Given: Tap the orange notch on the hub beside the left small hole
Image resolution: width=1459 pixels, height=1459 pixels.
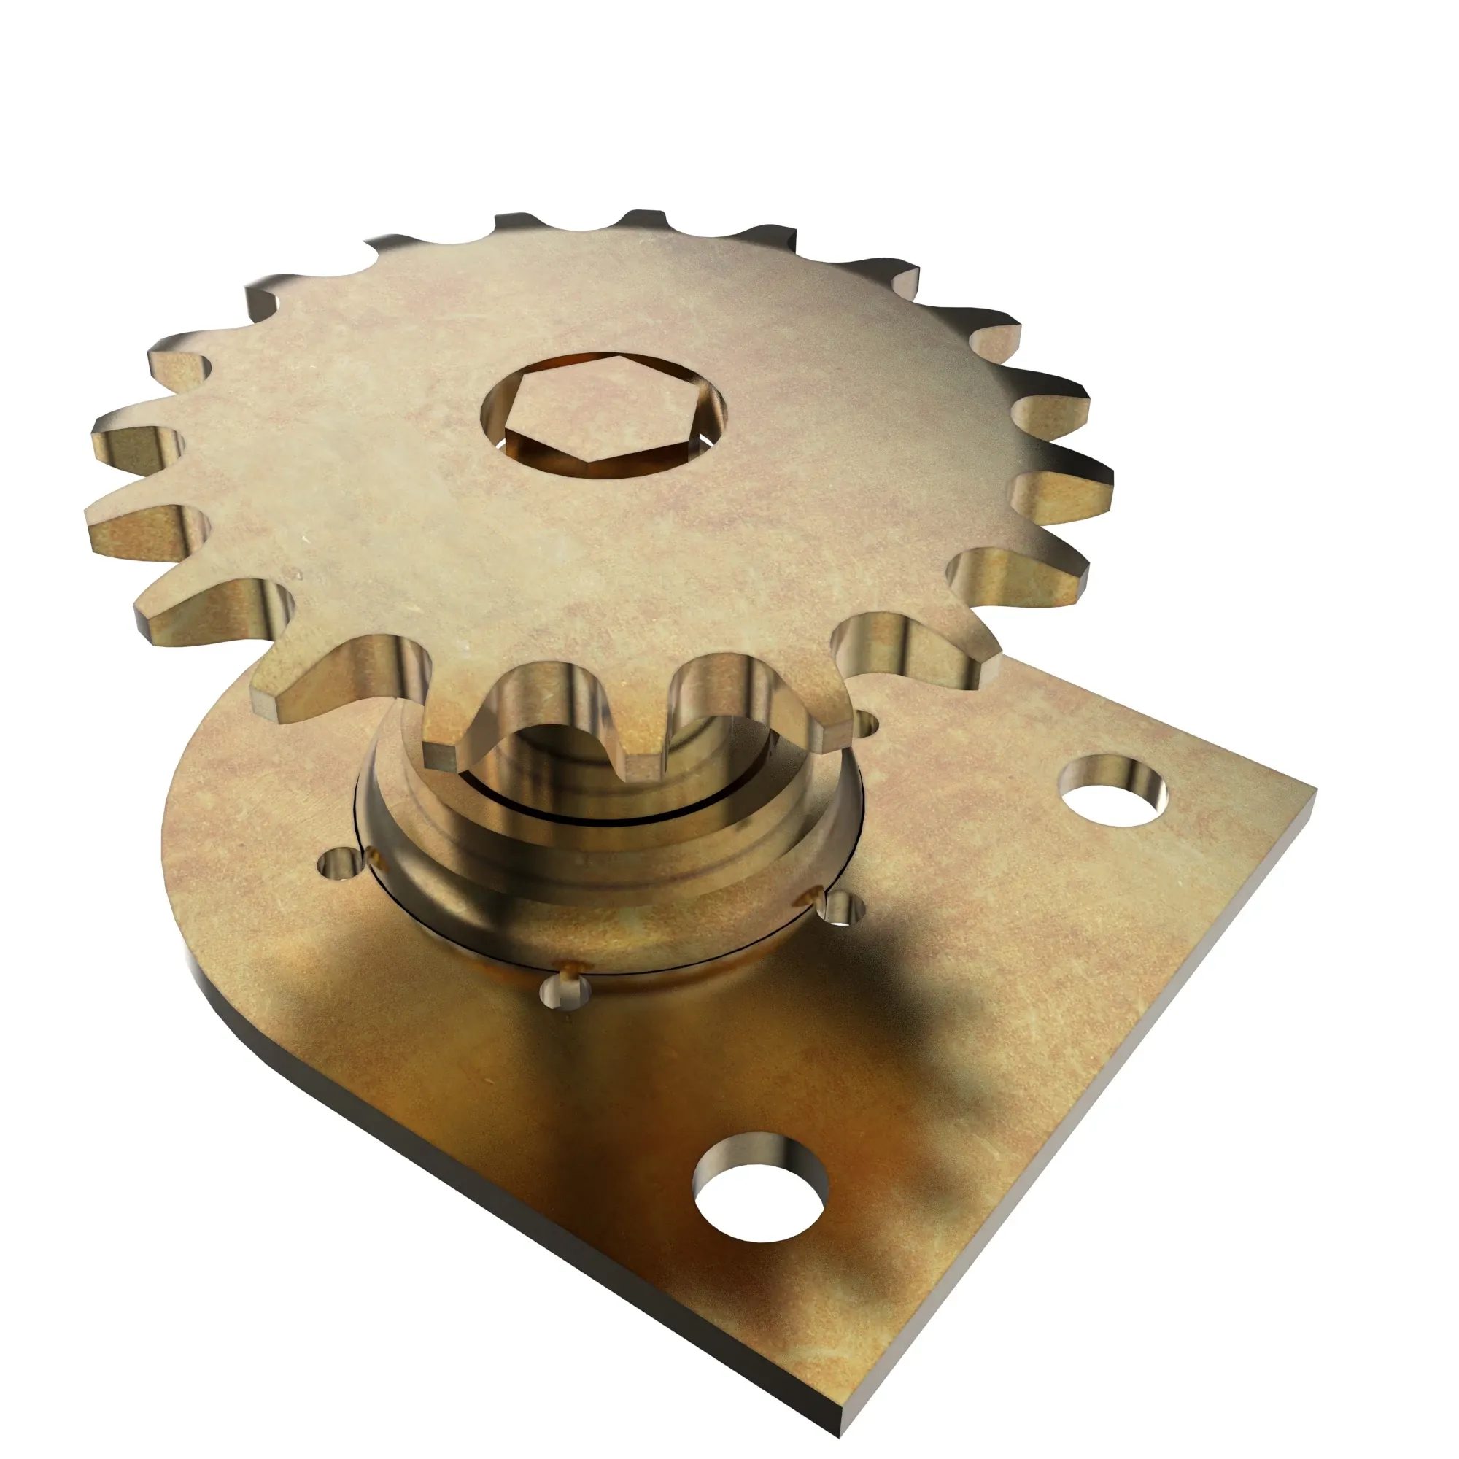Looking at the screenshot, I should [x=375, y=857].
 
